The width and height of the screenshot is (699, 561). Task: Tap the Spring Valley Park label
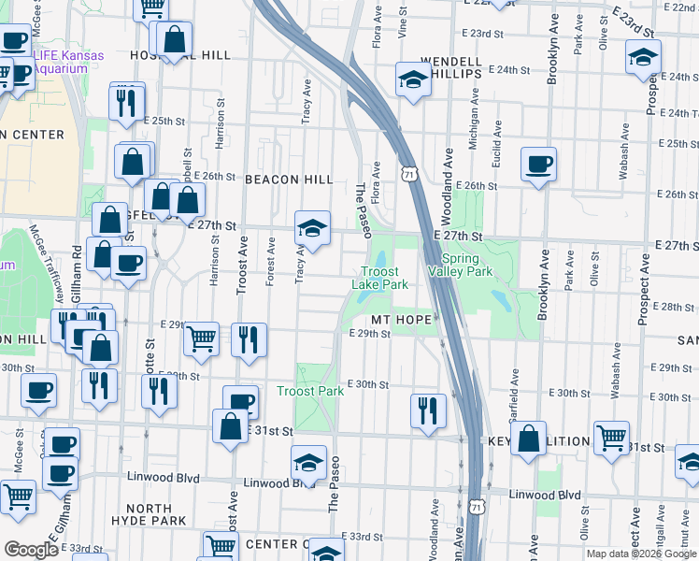point(459,265)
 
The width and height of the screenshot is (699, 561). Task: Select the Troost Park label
point(310,391)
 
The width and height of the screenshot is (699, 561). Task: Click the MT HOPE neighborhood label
point(402,319)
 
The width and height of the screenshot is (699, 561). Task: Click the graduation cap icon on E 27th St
point(312,227)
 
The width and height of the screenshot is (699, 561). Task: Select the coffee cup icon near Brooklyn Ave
point(538,165)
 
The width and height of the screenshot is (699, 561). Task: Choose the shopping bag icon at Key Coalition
point(528,438)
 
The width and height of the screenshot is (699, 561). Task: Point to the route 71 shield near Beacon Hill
point(408,174)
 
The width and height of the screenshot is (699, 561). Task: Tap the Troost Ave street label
point(242,265)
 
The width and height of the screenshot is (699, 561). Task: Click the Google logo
point(32,550)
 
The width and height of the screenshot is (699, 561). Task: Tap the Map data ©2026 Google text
point(641,554)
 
